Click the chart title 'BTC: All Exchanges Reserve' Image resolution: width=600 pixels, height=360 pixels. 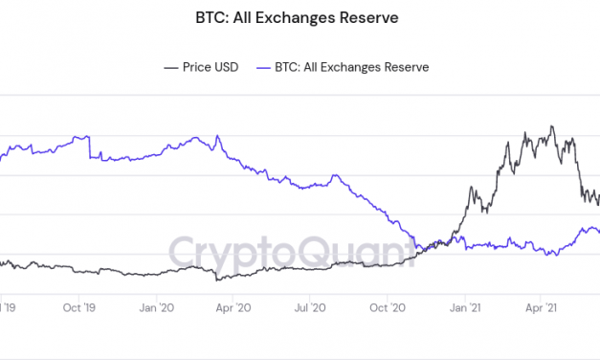[300, 16]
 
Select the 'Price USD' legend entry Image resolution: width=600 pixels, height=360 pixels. [207, 67]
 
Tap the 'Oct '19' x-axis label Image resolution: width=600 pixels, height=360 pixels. [77, 307]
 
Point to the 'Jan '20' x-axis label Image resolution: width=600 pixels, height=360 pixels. [156, 307]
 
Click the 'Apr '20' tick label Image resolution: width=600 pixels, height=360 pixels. [233, 307]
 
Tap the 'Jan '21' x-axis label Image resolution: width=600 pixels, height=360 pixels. [466, 307]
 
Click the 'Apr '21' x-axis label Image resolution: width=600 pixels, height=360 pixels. [543, 307]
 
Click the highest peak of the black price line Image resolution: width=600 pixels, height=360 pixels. [551, 126]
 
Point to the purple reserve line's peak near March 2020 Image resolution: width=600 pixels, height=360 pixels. [195, 137]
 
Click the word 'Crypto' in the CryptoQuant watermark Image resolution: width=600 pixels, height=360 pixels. [226, 252]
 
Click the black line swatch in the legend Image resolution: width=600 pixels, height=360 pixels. [171, 67]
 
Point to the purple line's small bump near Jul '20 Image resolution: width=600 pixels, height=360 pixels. [334, 176]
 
